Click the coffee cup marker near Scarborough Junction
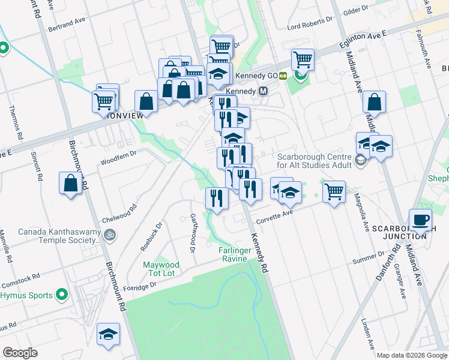(420, 220)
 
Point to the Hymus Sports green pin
(61, 295)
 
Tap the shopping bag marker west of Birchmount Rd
(70, 183)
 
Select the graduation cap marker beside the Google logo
(108, 334)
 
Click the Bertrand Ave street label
(68, 23)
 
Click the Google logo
(20, 353)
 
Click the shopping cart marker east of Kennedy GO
(303, 59)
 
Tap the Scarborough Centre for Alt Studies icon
(360, 160)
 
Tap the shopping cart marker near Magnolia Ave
(334, 192)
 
